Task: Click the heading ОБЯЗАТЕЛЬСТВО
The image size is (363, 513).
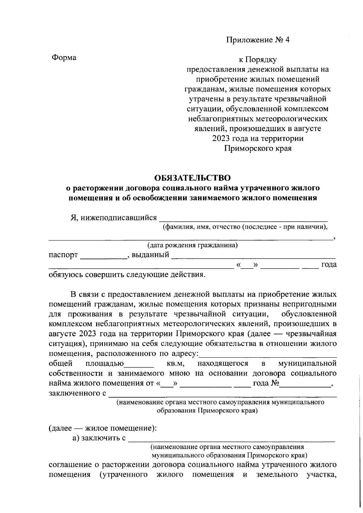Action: click(192, 177)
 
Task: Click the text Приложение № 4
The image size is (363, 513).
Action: click(258, 40)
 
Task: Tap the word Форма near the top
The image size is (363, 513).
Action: click(64, 57)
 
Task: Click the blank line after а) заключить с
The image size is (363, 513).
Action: click(232, 439)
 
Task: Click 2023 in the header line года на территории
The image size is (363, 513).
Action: click(221, 139)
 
